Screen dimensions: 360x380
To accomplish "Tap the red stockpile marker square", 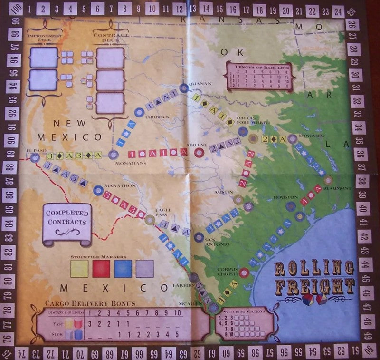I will tap(101, 268).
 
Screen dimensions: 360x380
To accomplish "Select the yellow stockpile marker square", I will tap(79, 268).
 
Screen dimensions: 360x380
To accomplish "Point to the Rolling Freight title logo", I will tap(314, 277).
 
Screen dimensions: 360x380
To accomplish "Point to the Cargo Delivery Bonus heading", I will tap(90, 303).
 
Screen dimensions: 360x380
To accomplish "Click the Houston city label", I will tap(285, 196).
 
